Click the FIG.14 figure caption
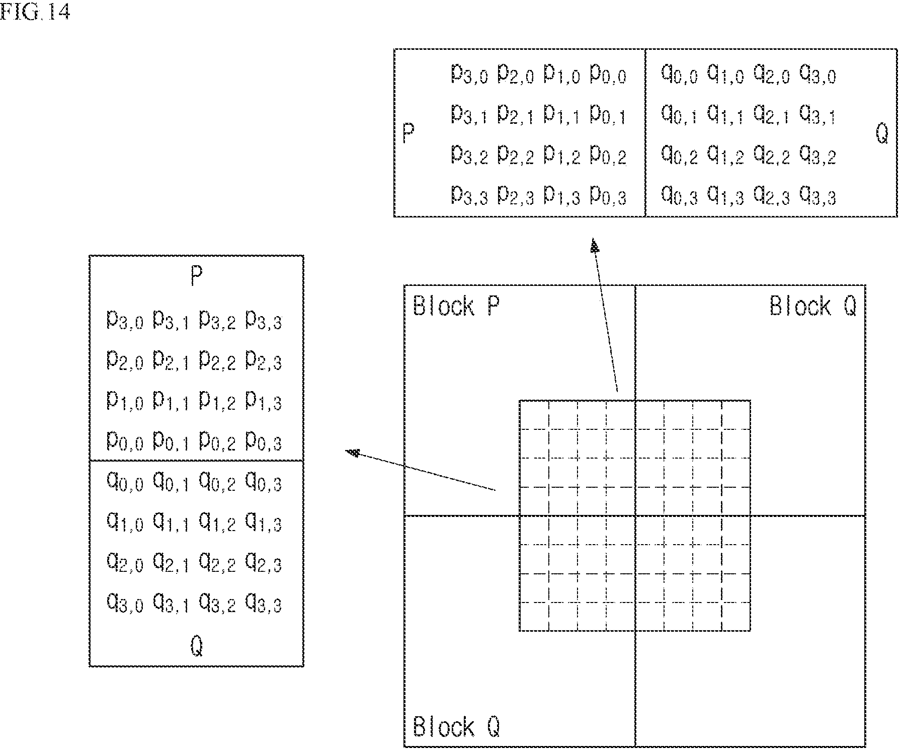[x=35, y=12]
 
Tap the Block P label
[x=456, y=306]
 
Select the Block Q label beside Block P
[x=813, y=306]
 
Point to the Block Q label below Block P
[x=456, y=726]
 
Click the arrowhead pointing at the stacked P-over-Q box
[x=353, y=453]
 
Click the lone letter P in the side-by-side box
[x=408, y=134]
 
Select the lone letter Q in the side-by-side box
[x=882, y=133]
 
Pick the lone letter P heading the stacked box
[x=196, y=275]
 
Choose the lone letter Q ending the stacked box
[x=197, y=646]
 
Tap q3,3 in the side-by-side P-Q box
[x=818, y=195]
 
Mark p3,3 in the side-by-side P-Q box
[x=469, y=195]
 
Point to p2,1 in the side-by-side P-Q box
[x=516, y=115]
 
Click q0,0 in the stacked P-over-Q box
[x=125, y=482]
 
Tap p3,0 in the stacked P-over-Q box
[x=125, y=320]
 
